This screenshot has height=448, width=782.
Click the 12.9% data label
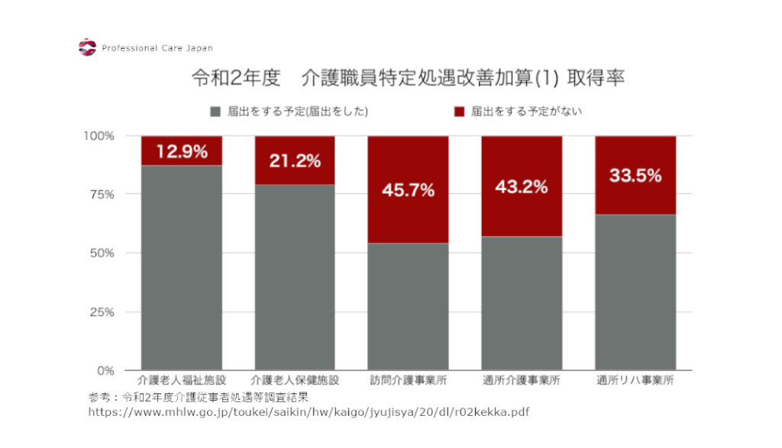coord(182,151)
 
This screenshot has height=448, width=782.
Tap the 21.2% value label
coord(295,161)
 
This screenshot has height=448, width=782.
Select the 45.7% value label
coord(408,190)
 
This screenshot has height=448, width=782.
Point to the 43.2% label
coord(521,186)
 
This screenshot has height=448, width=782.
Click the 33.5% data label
coord(635,176)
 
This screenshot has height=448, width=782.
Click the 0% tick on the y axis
coord(105,370)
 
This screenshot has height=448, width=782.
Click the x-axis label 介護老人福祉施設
coord(182,380)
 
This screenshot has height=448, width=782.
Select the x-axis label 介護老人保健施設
coord(295,380)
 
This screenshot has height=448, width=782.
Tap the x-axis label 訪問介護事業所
coord(408,380)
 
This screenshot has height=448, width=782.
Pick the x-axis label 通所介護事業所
coord(522,380)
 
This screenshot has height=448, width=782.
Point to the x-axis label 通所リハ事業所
coord(635,380)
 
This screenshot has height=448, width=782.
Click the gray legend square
coord(215,111)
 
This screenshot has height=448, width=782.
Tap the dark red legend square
coord(459,111)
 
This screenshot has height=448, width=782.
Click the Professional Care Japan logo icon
coord(87,47)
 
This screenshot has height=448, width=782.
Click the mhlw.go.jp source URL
coord(309,412)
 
